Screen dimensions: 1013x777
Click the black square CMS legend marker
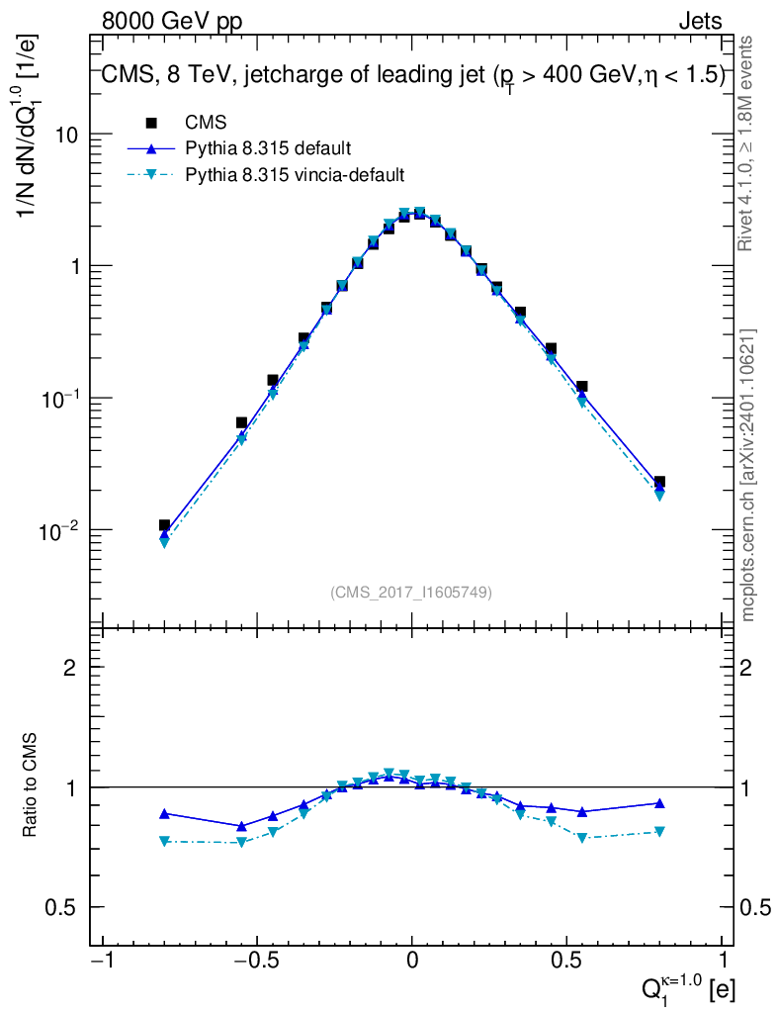[x=151, y=123]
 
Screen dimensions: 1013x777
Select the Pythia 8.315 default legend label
[x=269, y=148]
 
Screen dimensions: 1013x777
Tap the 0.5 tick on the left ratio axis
[x=63, y=908]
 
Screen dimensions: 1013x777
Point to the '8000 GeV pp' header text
[x=172, y=21]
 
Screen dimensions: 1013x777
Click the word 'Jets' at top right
[x=700, y=21]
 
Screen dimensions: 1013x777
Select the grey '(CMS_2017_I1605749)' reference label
[x=411, y=592]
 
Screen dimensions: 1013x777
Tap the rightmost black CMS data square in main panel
[x=659, y=482]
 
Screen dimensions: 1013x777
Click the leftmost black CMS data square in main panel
[x=164, y=525]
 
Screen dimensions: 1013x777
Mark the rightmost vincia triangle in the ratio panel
[x=659, y=832]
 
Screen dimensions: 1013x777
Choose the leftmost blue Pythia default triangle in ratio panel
[x=164, y=813]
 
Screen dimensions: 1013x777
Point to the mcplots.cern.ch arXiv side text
[x=748, y=475]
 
